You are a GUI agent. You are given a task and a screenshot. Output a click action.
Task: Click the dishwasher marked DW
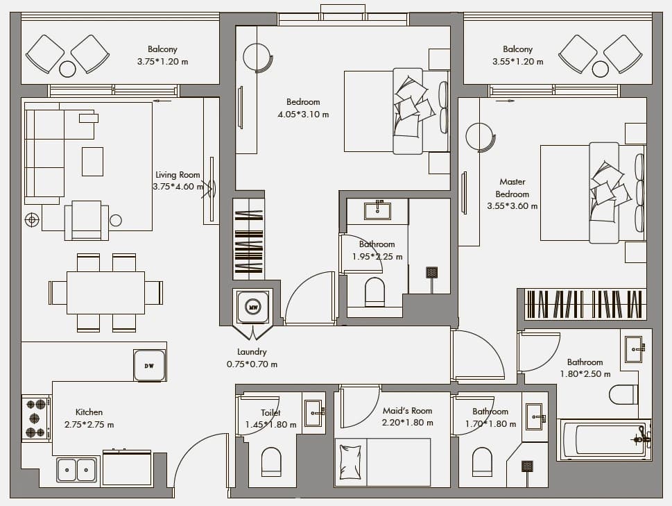(149, 365)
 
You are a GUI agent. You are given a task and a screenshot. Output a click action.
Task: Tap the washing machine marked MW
(253, 307)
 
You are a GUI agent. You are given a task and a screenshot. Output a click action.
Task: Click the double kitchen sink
(77, 469)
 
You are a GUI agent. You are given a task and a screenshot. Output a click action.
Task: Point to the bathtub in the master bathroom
(604, 440)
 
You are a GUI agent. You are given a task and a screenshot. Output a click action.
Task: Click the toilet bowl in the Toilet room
(271, 462)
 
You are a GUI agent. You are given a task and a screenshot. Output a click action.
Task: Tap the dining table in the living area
(106, 293)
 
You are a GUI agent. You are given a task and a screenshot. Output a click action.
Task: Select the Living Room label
(178, 175)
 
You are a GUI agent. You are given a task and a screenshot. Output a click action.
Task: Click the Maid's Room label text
(407, 411)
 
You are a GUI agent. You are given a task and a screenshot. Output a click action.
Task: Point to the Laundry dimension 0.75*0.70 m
(252, 364)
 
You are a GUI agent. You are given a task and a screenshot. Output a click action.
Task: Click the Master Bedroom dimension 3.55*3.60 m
(512, 206)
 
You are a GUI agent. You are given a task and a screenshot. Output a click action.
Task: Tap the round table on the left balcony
(67, 69)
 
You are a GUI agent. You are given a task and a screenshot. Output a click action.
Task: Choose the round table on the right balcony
(600, 69)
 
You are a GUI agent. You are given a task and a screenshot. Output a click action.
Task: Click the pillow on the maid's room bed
(350, 462)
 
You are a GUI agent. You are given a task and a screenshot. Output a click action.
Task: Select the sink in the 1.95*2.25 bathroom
(377, 211)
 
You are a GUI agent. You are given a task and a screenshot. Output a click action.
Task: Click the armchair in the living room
(87, 221)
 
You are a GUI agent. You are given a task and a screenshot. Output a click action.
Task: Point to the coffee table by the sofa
(92, 162)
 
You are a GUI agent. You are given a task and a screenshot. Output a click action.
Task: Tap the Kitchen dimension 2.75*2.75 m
(89, 425)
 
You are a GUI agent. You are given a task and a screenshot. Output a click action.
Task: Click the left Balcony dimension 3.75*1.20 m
(162, 62)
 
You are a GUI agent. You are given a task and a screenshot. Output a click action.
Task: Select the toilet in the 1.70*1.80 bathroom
(482, 462)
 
